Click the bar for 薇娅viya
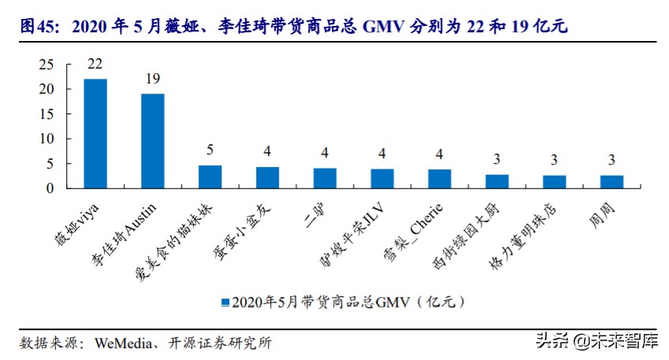click(x=95, y=133)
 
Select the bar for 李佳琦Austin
click(x=153, y=141)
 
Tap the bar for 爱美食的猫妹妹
click(x=210, y=176)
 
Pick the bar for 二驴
click(x=325, y=178)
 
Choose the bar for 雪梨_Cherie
click(x=439, y=179)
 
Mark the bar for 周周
click(x=611, y=181)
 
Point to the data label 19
click(x=153, y=79)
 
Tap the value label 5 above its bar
click(x=210, y=150)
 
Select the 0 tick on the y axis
click(x=50, y=188)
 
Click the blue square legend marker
click(x=225, y=302)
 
